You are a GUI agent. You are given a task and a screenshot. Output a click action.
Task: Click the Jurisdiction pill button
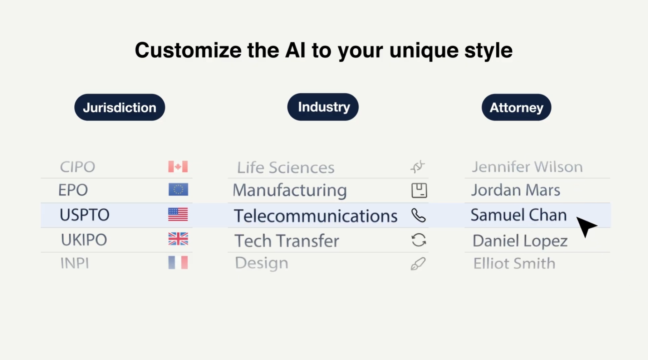tap(119, 107)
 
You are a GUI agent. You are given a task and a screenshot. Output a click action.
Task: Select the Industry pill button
tap(323, 107)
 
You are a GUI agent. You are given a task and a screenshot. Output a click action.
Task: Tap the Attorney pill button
tap(516, 107)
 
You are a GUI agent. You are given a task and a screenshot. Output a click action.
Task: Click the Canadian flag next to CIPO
tap(178, 167)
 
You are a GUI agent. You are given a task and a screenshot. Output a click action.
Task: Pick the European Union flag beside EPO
tap(178, 190)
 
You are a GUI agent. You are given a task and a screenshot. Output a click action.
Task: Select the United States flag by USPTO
tap(178, 214)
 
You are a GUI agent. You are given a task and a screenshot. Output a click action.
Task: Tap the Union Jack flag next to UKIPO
tap(178, 239)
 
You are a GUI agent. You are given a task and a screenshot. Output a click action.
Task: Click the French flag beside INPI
tap(178, 263)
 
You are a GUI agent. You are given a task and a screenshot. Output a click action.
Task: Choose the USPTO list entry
tap(84, 215)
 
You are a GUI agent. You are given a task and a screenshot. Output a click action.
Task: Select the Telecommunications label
tap(315, 216)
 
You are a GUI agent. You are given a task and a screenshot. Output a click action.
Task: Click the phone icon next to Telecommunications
tap(418, 215)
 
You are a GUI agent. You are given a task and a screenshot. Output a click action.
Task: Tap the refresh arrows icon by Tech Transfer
tap(418, 240)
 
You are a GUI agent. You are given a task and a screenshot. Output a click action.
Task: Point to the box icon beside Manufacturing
tap(419, 190)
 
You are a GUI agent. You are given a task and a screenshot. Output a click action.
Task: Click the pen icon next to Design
tap(418, 264)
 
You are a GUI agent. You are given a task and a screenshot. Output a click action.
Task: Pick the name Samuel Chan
tap(519, 215)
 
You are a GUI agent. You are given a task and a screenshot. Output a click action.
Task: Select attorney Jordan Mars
tap(516, 190)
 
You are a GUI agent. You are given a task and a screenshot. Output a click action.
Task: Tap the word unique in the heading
tap(424, 50)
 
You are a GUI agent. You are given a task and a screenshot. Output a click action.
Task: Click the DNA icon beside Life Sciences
tap(418, 166)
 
